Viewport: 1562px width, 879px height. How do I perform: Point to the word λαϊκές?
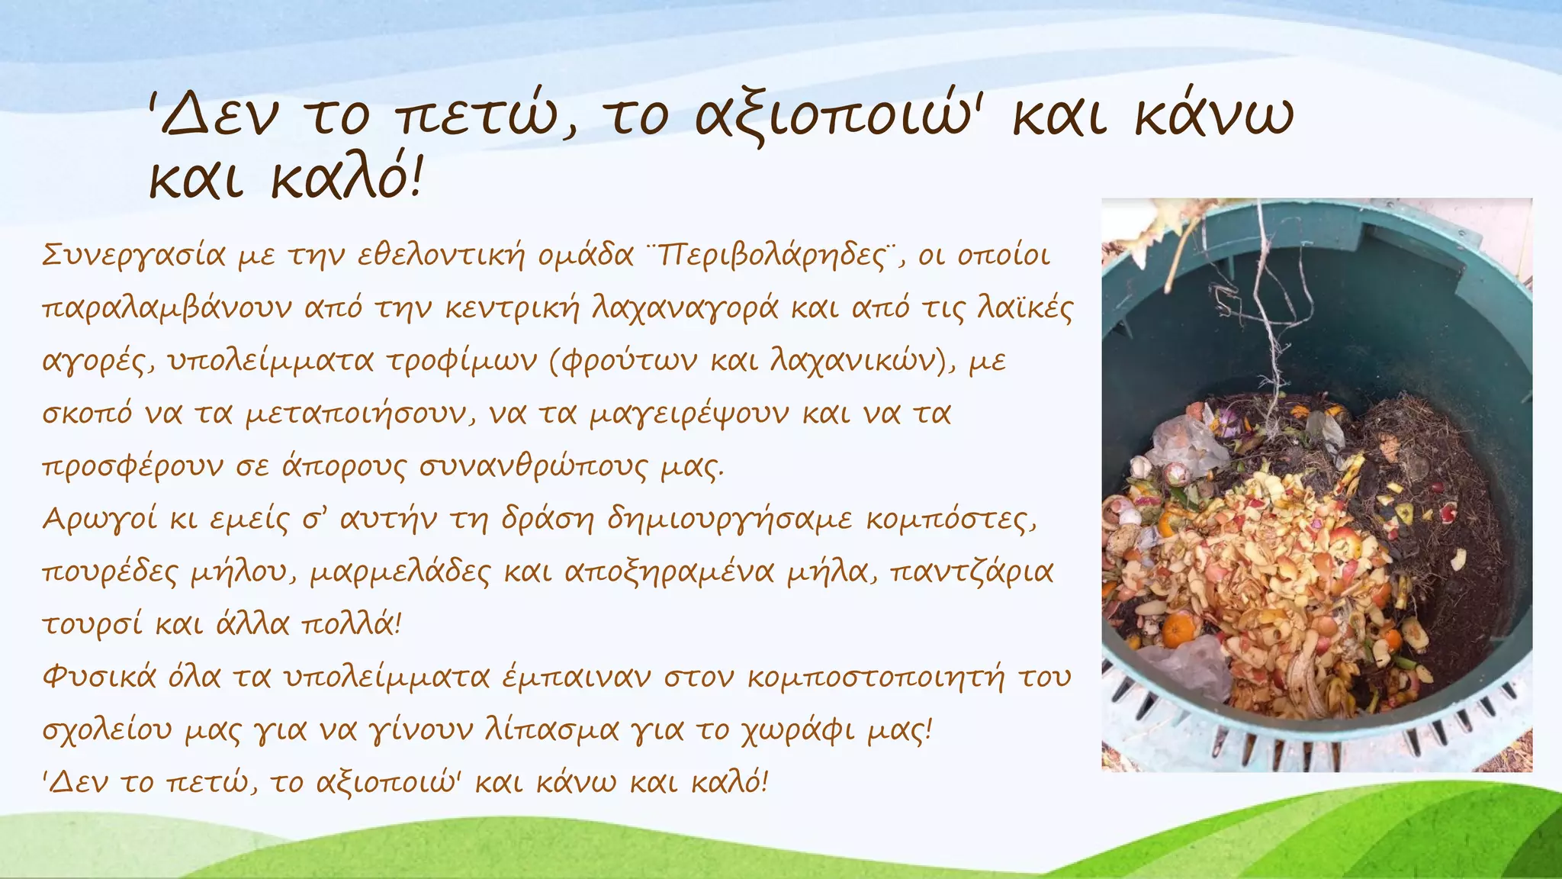click(1025, 308)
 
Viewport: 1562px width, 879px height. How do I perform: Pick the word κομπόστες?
click(950, 520)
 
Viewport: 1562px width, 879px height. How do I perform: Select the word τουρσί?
click(92, 625)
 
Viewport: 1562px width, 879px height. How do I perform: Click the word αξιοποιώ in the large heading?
click(838, 118)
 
